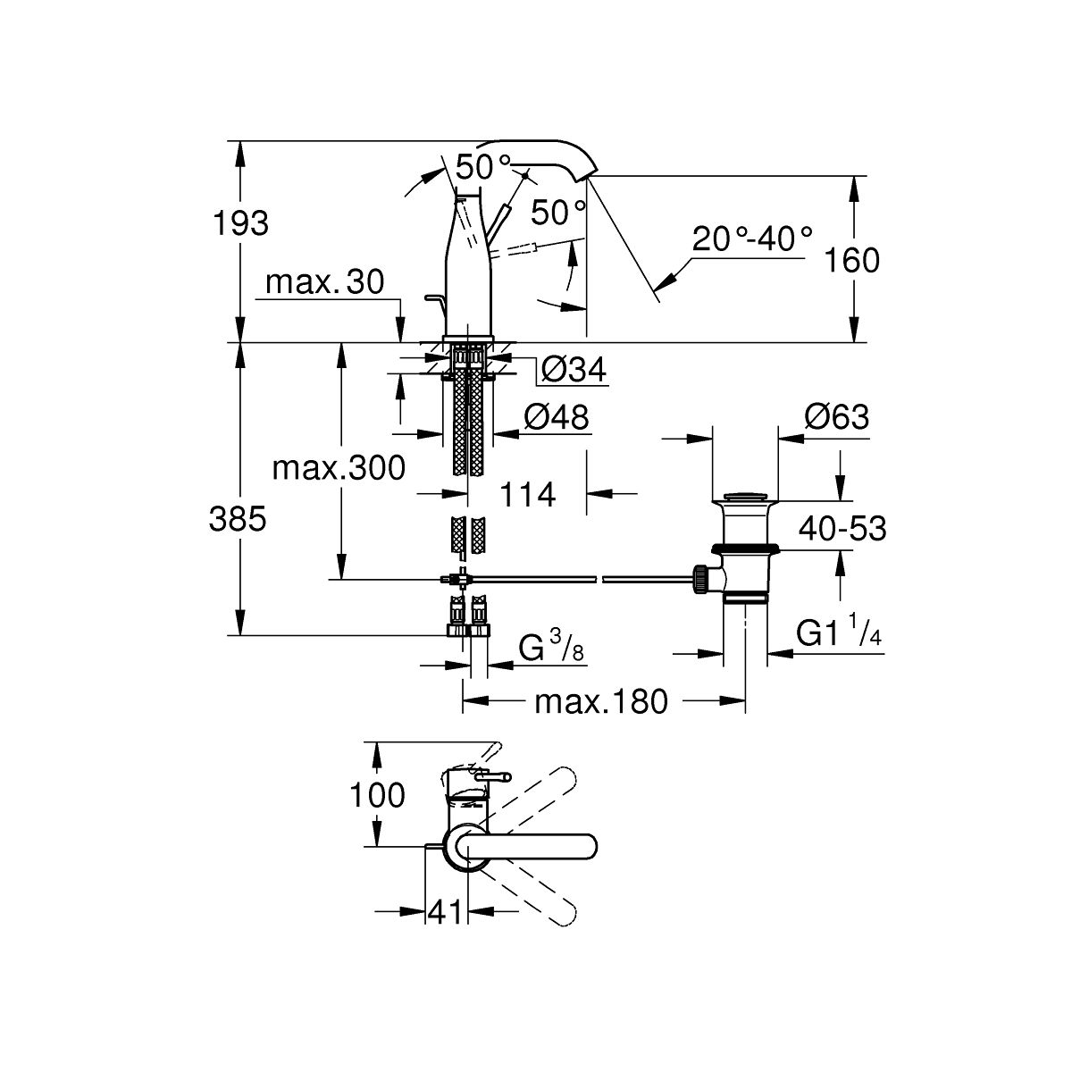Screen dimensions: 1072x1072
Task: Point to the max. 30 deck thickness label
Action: pos(324,283)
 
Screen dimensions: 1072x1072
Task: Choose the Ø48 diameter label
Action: pos(557,417)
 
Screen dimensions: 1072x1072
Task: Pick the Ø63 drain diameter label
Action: pos(836,416)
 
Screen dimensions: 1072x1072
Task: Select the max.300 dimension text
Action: pos(339,467)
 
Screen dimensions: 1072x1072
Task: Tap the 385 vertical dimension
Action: pos(238,518)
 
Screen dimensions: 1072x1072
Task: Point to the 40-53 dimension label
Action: pos(842,529)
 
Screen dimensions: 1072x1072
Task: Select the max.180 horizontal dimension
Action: pos(600,702)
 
